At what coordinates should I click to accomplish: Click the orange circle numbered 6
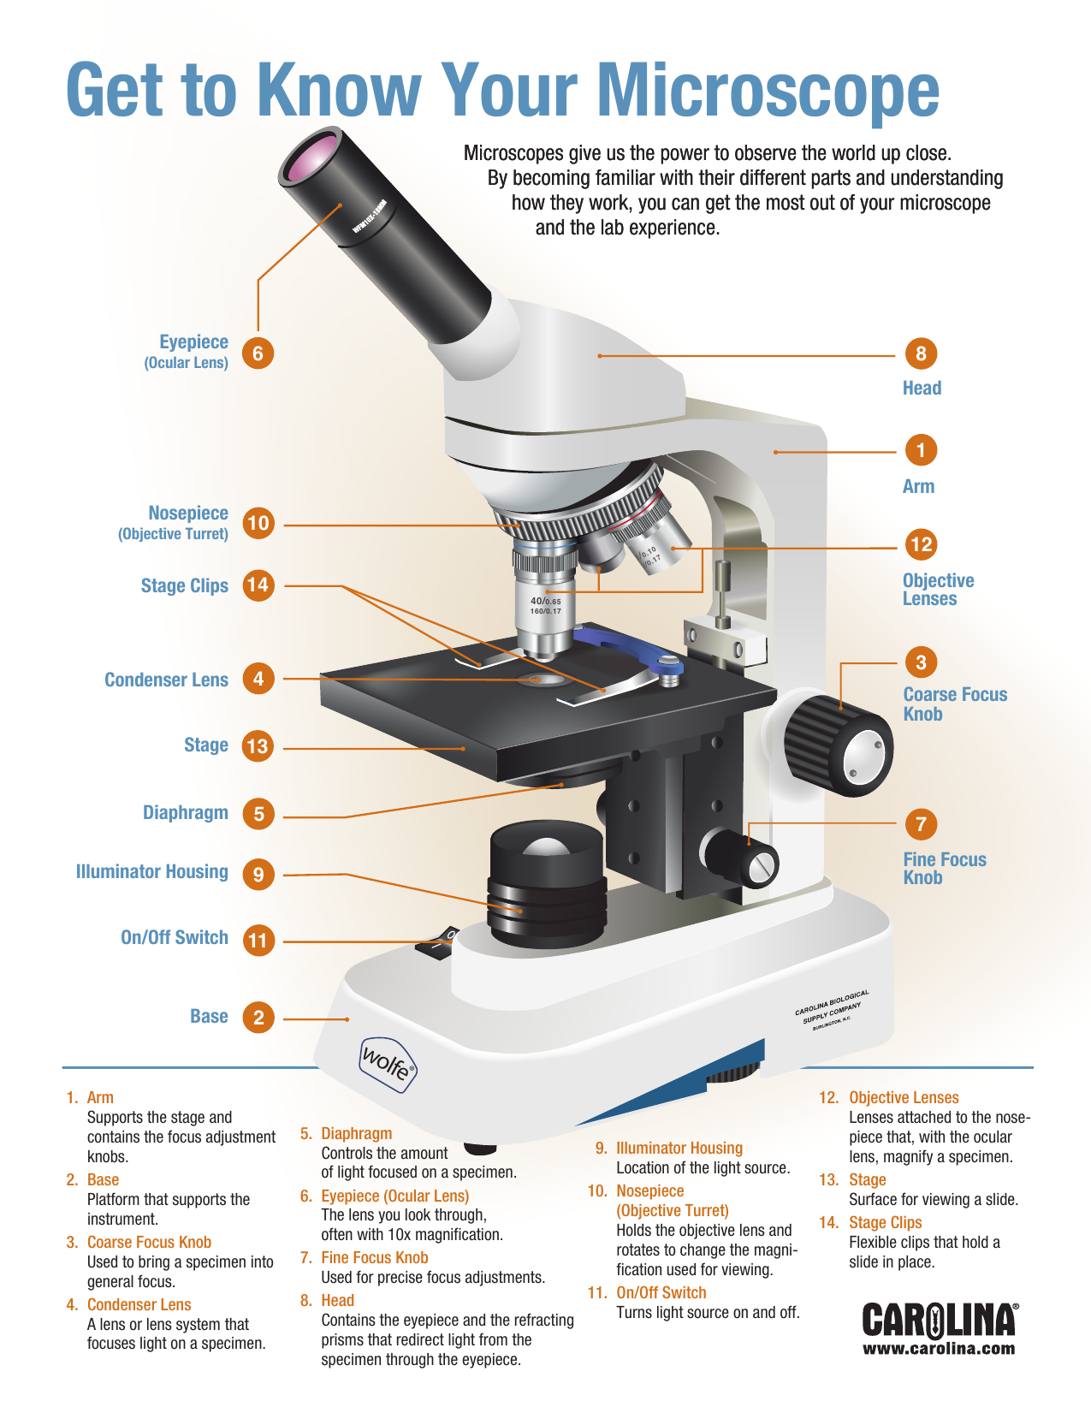click(258, 353)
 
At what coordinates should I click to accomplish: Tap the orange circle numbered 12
click(921, 544)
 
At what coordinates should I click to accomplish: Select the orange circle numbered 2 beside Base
click(258, 1018)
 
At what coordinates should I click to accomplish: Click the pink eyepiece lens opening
click(311, 157)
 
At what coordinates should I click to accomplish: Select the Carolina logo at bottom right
click(939, 1321)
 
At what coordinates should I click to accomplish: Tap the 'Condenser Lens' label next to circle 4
click(166, 680)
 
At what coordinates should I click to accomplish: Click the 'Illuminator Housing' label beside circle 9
click(152, 872)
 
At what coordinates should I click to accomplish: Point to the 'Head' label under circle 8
click(922, 389)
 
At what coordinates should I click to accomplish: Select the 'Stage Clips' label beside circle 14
click(185, 586)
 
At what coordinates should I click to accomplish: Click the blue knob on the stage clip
click(668, 663)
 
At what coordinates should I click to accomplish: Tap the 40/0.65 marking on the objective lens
click(545, 602)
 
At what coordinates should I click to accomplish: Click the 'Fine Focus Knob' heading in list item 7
click(374, 1257)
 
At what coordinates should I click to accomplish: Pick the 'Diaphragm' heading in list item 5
click(356, 1133)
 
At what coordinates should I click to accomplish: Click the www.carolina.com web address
click(939, 1349)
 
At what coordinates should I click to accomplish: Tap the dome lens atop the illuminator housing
click(546, 846)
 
